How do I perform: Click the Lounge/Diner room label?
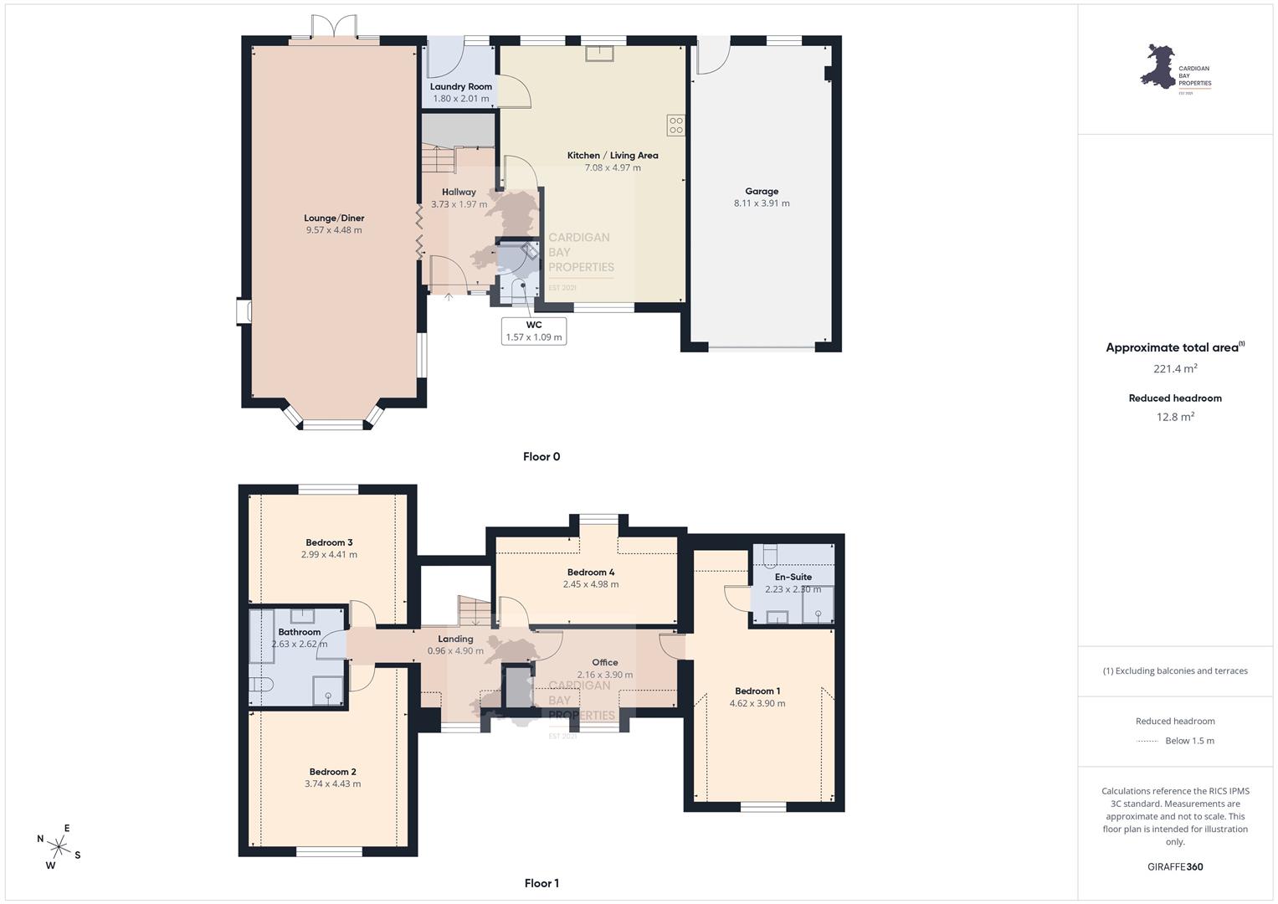334,218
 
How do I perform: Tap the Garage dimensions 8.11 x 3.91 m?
762,203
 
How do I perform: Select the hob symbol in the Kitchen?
676,126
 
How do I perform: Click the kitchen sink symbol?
599,54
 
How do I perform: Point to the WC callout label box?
534,331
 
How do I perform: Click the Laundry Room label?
461,87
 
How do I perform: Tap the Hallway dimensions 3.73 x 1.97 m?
459,204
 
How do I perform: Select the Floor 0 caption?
541,456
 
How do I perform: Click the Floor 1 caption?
541,883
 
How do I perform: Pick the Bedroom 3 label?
329,542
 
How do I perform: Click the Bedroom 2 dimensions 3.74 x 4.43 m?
332,784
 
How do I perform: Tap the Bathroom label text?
300,632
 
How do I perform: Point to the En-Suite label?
793,577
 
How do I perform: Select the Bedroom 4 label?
591,573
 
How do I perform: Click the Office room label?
605,663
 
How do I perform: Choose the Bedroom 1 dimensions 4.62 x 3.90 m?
757,704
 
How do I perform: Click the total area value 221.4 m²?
1175,368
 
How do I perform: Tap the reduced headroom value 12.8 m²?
1175,417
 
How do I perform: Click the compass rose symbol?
59,847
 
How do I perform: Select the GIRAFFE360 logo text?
1175,867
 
